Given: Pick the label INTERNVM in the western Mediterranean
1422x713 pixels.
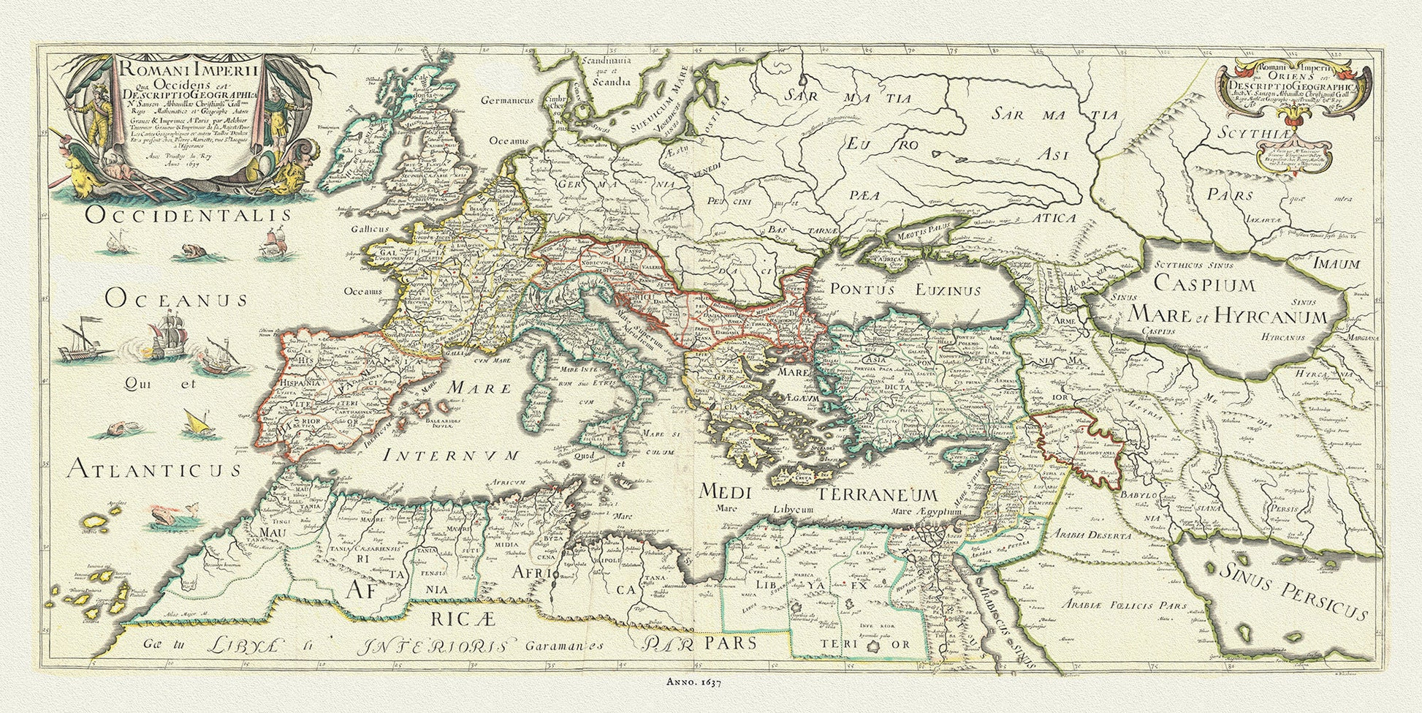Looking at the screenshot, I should [452, 456].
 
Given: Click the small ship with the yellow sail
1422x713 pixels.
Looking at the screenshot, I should [195, 420].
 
